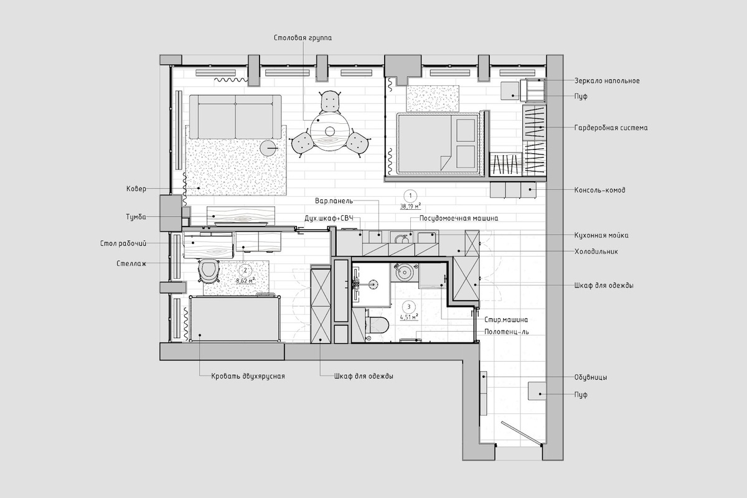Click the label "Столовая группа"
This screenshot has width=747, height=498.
click(303, 38)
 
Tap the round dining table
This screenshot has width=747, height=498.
click(330, 131)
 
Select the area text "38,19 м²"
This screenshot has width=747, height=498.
click(410, 206)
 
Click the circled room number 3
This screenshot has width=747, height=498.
click(409, 306)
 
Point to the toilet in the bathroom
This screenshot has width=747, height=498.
click(377, 324)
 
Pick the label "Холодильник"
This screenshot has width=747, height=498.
click(596, 251)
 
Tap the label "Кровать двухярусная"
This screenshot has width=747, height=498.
click(248, 376)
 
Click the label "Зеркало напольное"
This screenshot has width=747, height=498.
click(607, 81)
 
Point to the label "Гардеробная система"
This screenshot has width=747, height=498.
click(611, 128)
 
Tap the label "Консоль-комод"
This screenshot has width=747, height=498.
click(599, 190)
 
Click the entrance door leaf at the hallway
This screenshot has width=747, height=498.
click(521, 433)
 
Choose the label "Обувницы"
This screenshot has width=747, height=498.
click(591, 378)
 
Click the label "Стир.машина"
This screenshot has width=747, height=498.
click(506, 320)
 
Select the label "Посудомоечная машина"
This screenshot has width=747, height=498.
click(459, 218)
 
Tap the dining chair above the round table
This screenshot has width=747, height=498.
click(330, 101)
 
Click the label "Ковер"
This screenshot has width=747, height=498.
click(136, 189)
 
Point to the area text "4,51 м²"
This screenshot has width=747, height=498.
click(409, 317)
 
